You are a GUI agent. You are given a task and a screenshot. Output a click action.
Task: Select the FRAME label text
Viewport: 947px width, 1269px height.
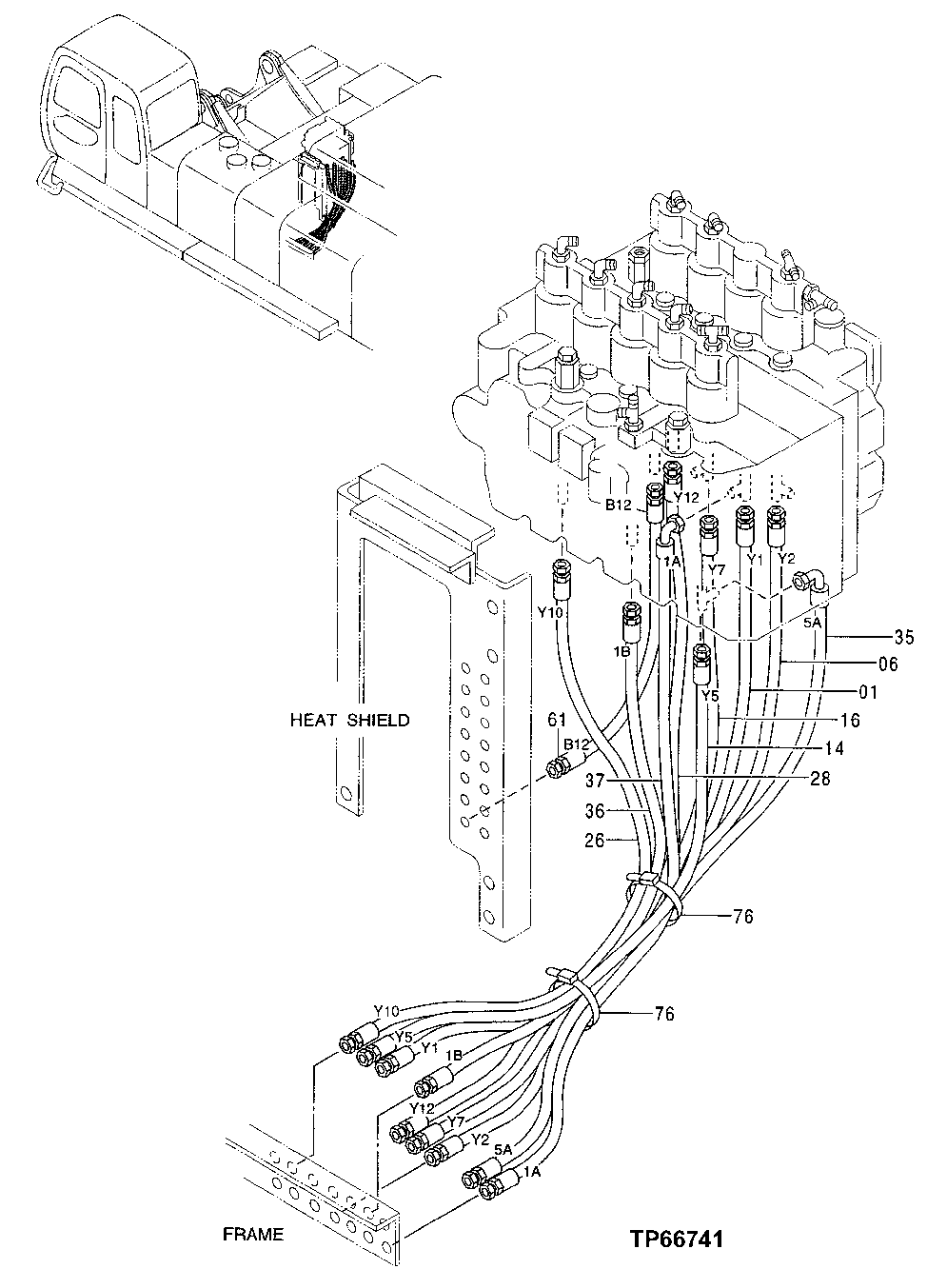click(x=253, y=1235)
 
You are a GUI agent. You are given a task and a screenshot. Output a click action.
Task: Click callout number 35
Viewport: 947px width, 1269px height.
click(x=904, y=637)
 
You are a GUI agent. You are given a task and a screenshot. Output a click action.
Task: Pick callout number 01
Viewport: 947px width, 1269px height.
click(x=868, y=692)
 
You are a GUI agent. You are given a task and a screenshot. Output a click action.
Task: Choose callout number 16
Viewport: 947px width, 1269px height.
click(x=850, y=721)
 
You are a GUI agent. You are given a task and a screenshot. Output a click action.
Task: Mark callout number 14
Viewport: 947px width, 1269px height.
click(x=834, y=748)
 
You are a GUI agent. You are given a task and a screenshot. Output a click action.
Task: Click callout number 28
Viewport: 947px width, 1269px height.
click(x=819, y=778)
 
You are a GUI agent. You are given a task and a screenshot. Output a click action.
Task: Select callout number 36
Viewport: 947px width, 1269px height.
click(x=595, y=812)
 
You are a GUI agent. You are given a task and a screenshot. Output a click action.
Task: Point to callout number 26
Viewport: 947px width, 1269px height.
click(x=595, y=842)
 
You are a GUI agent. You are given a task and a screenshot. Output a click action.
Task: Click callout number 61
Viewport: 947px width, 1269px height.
click(x=557, y=720)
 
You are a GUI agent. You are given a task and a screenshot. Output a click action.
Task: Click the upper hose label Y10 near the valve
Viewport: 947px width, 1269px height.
click(x=550, y=612)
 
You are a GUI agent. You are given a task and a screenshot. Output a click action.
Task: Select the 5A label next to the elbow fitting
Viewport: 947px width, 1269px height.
click(x=812, y=624)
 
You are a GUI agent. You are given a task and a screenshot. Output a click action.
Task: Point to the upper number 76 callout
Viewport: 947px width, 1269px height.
click(x=742, y=917)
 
